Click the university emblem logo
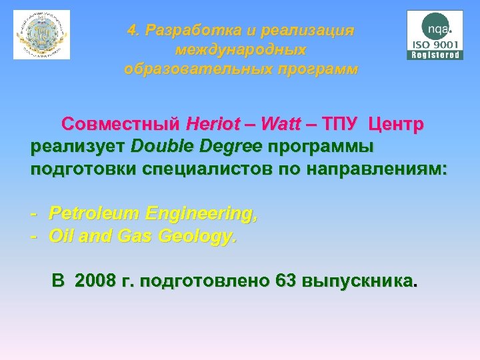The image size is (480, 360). click(41, 35)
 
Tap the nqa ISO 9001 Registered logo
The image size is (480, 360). click(435, 35)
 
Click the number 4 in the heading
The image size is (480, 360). click(133, 31)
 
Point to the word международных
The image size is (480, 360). click(241, 50)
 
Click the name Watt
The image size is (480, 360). click(281, 125)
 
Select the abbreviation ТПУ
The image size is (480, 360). click(340, 125)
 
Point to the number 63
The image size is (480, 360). click(286, 281)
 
